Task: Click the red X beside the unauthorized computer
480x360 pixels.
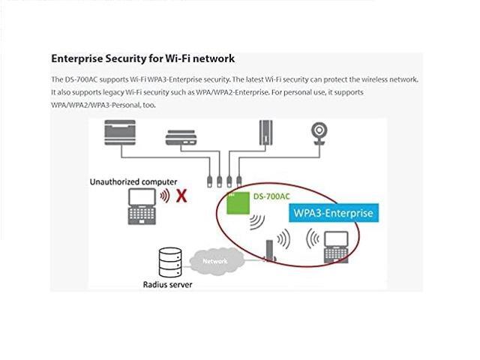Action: pos(181,196)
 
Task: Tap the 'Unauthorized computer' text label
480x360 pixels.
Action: pos(133,181)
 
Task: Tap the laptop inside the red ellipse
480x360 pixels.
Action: pos(331,246)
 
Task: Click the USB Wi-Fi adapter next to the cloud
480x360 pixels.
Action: pos(270,252)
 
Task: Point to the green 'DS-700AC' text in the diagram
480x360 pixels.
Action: pos(272,197)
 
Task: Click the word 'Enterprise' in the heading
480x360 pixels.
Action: pos(82,58)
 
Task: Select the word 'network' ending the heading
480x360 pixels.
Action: pos(214,58)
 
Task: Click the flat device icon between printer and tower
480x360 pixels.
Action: pos(186,137)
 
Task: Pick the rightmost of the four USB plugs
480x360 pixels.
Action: pos(238,181)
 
